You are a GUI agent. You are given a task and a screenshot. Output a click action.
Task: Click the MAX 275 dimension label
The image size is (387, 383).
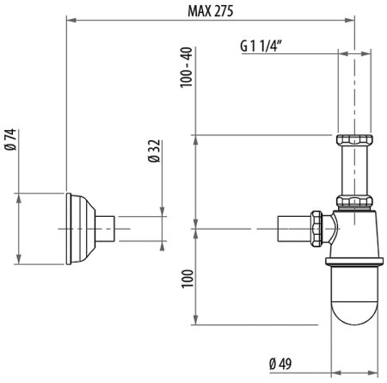click(210, 9)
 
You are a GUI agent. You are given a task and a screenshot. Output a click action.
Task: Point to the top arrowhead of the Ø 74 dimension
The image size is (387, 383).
click(20, 195)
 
